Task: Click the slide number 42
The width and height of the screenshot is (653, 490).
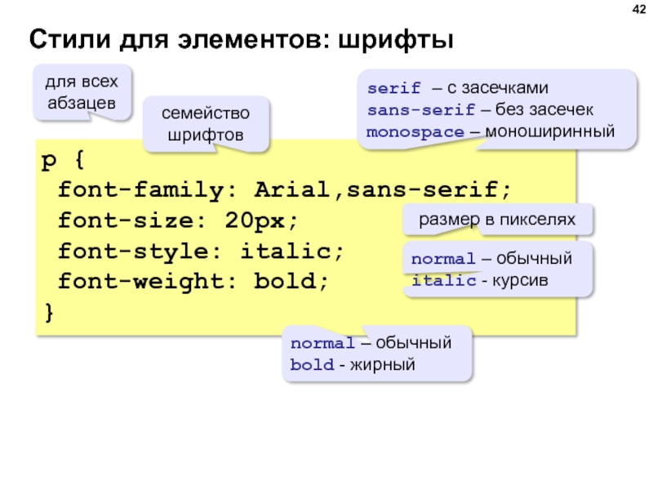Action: [x=636, y=10]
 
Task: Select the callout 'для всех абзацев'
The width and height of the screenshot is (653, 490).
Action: [x=81, y=92]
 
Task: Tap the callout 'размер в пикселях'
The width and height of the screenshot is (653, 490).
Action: [x=497, y=219]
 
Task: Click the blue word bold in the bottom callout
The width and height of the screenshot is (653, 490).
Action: [x=311, y=364]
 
